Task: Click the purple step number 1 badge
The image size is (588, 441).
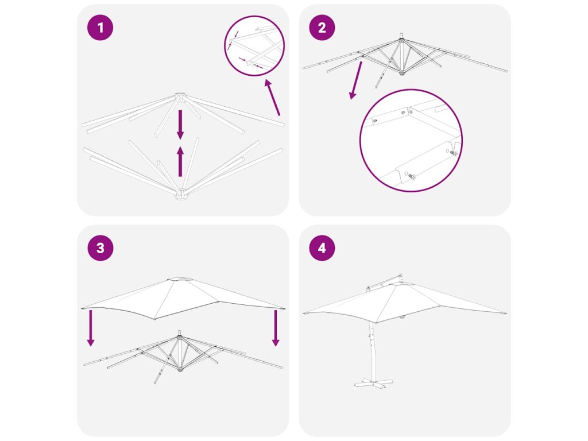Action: [100, 28]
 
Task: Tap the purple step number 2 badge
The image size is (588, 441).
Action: [322, 28]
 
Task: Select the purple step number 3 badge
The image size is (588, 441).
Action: [100, 248]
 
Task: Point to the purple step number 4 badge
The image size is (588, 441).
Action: [322, 248]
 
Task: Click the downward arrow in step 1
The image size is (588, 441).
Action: [180, 124]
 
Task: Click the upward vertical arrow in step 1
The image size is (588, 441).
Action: [180, 161]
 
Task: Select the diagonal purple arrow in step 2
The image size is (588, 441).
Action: [356, 80]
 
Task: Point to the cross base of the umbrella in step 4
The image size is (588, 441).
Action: [373, 382]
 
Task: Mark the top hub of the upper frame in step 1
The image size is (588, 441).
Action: [180, 96]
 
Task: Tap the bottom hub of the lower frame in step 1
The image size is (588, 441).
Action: [181, 195]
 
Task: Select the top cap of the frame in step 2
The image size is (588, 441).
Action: [401, 37]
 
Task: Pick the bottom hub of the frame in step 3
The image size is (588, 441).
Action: [180, 369]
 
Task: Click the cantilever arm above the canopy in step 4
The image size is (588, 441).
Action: [384, 282]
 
